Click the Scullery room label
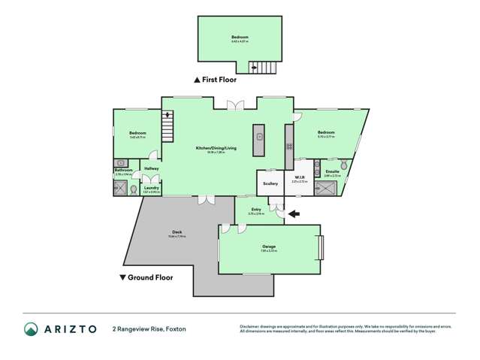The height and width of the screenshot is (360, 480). (x=270, y=183)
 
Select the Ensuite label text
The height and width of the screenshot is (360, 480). (x=332, y=171)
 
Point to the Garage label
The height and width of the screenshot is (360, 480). (x=269, y=246)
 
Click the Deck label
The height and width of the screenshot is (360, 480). (x=177, y=231)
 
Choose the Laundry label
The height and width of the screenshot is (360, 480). (x=151, y=188)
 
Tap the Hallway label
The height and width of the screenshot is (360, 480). (x=151, y=168)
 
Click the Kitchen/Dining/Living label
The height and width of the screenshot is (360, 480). (x=216, y=148)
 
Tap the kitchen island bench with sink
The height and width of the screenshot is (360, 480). (x=259, y=139)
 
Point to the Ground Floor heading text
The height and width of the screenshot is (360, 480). (x=149, y=277)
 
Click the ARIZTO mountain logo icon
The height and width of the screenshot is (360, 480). (x=31, y=328)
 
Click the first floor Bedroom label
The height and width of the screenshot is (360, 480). (x=240, y=38)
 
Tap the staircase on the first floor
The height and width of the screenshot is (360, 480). (x=264, y=68)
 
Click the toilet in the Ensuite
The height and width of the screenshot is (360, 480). (x=343, y=163)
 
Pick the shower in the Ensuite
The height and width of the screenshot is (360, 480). (x=328, y=188)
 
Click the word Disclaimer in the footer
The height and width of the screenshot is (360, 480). (x=250, y=326)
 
